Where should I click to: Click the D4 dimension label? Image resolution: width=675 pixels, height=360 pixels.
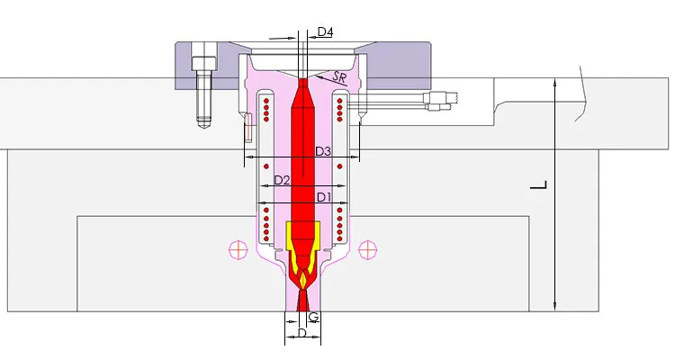tap(325, 32)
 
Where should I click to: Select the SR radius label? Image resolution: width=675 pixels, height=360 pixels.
tap(340, 79)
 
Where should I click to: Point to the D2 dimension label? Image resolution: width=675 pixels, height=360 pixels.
tap(282, 181)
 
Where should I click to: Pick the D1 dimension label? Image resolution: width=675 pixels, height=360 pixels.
tap(324, 196)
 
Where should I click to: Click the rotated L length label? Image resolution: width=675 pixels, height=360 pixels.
tap(538, 186)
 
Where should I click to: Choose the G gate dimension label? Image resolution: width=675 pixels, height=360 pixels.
tap(313, 317)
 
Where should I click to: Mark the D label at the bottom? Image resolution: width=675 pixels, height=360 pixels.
tap(302, 334)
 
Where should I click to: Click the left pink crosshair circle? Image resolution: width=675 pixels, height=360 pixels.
tap(238, 248)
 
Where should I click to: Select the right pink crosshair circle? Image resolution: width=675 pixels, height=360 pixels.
tap(366, 248)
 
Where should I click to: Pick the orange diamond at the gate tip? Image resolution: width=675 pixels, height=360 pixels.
tap(303, 281)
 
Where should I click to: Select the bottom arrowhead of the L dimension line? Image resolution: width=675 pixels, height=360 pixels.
tap(557, 307)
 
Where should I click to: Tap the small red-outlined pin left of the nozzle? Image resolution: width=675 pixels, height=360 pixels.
tap(247, 131)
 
